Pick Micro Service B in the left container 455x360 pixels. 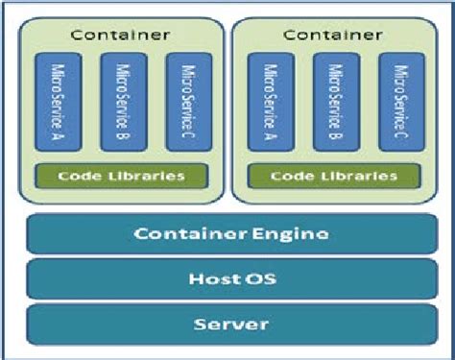(x=122, y=102)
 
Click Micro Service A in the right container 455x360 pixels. (x=269, y=102)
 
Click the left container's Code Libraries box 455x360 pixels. (x=122, y=176)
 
